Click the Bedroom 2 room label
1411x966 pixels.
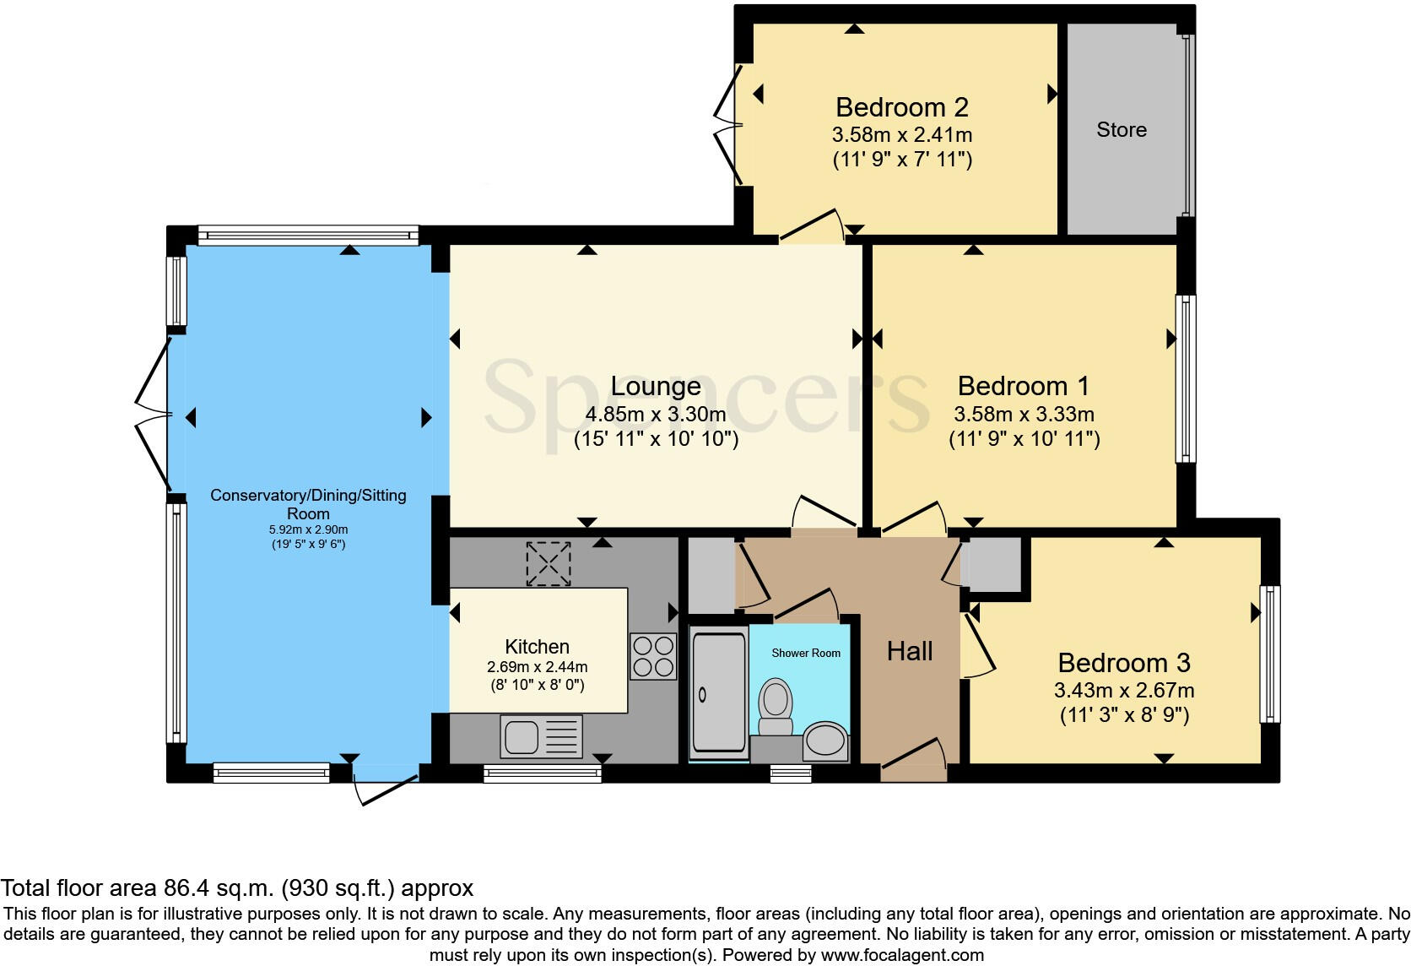(x=902, y=108)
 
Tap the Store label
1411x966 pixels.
(x=1122, y=130)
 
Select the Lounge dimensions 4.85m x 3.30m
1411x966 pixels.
(x=656, y=414)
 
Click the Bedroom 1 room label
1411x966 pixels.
(x=1024, y=386)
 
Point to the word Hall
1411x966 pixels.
(x=910, y=652)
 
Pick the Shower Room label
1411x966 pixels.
(x=806, y=654)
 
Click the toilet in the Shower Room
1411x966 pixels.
(x=776, y=707)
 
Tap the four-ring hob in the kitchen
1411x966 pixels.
(x=653, y=657)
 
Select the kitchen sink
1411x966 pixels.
(x=541, y=736)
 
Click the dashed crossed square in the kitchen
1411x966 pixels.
(x=548, y=564)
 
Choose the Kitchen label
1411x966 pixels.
(x=538, y=647)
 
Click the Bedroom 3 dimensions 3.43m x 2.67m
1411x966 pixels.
(x=1124, y=691)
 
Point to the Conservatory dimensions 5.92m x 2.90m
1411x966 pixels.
(x=309, y=530)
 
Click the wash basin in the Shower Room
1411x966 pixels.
(x=826, y=741)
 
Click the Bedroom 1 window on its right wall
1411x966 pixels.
(x=1187, y=378)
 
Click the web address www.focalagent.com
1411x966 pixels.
(x=903, y=955)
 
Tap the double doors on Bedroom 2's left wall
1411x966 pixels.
(x=727, y=125)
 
